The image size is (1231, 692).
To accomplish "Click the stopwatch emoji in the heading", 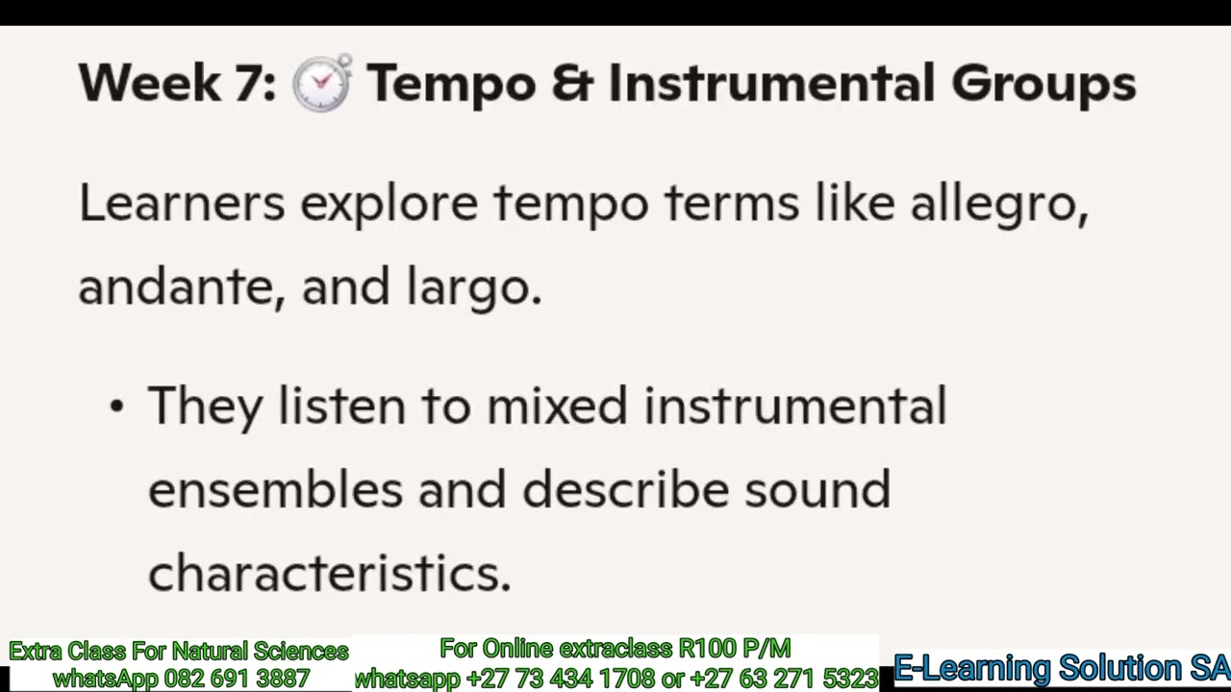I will [x=321, y=84].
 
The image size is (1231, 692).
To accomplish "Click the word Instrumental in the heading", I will [x=770, y=84].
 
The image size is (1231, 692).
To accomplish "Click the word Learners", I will [x=182, y=204].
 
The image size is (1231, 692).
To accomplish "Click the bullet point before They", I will [x=116, y=407].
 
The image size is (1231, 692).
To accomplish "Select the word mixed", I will [x=557, y=406].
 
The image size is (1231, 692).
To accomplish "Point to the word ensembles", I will [x=275, y=489].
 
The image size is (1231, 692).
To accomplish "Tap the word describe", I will [x=626, y=489].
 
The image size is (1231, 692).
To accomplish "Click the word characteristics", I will [x=329, y=574].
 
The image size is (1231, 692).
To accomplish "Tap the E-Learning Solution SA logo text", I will [x=1061, y=667].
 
